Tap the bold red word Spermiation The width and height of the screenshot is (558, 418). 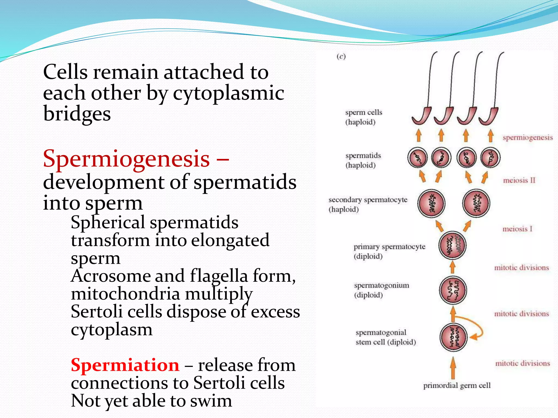click(x=125, y=365)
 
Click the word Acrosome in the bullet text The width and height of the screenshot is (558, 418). click(x=110, y=276)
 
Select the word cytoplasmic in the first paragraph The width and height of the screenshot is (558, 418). click(x=228, y=93)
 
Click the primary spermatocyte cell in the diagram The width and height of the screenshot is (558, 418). click(x=452, y=245)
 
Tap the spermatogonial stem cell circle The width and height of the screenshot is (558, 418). click(x=453, y=337)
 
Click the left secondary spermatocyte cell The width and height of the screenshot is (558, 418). click(x=431, y=204)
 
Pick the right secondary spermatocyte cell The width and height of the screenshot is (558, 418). click(x=476, y=204)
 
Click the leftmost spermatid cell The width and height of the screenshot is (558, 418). click(x=417, y=158)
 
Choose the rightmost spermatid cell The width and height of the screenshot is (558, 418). click(x=490, y=158)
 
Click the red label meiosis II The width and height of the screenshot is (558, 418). click(x=519, y=180)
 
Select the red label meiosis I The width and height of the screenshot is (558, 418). click(x=517, y=229)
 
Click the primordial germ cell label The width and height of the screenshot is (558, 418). click(x=457, y=385)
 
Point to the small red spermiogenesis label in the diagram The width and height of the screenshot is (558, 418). click(x=527, y=137)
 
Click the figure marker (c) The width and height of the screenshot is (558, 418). click(x=341, y=57)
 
